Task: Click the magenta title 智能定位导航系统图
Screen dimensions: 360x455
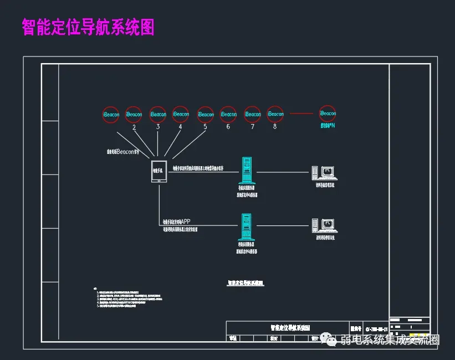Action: pyautogui.click(x=88, y=27)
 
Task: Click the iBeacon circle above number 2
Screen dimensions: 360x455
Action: pyautogui.click(x=134, y=114)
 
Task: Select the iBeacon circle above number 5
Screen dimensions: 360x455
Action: pyautogui.click(x=205, y=114)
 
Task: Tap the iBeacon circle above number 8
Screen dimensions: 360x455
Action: pyautogui.click(x=275, y=114)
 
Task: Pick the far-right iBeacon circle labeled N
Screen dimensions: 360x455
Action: pyautogui.click(x=328, y=114)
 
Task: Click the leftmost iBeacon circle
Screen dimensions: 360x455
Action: pyautogui.click(x=110, y=114)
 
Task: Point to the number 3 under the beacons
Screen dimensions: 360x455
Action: pyautogui.click(x=158, y=127)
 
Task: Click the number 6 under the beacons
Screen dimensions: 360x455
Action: pyautogui.click(x=228, y=127)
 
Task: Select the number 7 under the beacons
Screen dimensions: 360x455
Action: pyautogui.click(x=252, y=127)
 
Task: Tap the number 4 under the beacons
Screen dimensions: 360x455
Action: pyautogui.click(x=180, y=127)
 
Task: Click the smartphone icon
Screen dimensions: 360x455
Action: pyautogui.click(x=159, y=171)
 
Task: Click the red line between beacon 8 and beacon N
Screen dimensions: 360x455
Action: pyautogui.click(x=301, y=114)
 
